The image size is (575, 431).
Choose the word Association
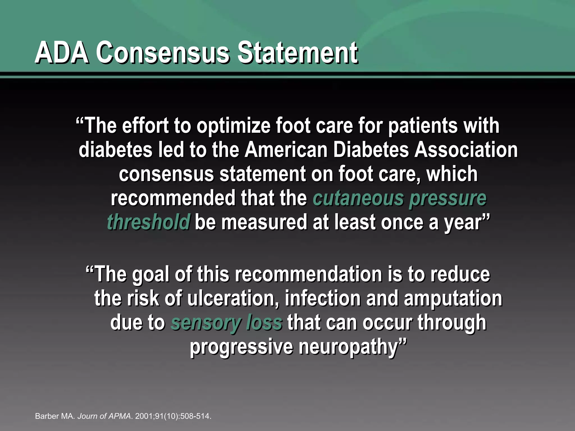pyautogui.click(x=466, y=150)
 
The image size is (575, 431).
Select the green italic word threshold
pyautogui.click(x=149, y=222)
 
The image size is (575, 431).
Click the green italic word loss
pyautogui.click(x=264, y=323)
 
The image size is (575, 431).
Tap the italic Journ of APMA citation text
pyautogui.click(x=104, y=416)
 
